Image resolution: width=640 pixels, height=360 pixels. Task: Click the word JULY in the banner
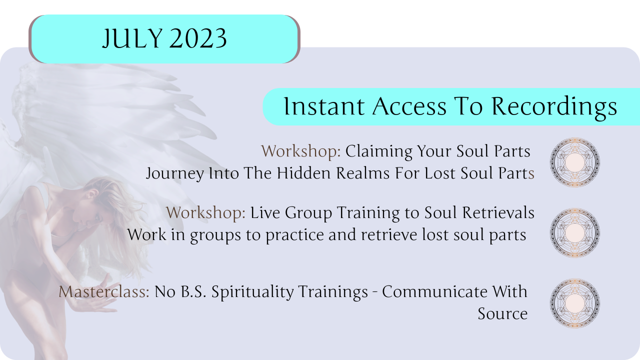[x=132, y=38]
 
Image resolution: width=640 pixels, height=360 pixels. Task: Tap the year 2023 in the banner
[x=198, y=38]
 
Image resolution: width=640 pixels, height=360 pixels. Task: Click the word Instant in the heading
[x=324, y=106]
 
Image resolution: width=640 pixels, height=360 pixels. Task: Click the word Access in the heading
[x=409, y=106]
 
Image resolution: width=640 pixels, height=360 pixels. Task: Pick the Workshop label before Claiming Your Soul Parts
[x=301, y=151]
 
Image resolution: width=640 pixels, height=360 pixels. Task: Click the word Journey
[x=174, y=173]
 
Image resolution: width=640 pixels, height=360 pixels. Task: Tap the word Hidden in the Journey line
[x=303, y=173]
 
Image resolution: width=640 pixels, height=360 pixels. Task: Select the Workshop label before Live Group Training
[x=205, y=212]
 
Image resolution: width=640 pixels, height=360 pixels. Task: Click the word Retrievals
[x=498, y=212]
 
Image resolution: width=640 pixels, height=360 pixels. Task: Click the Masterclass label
[x=104, y=291]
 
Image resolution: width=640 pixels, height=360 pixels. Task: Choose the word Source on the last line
[x=502, y=313]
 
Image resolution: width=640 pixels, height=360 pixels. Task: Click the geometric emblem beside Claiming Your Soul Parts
[x=575, y=162]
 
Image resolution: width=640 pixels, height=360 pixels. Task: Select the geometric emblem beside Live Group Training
[x=575, y=232]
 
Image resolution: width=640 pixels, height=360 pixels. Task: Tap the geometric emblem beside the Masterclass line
[x=575, y=303]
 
